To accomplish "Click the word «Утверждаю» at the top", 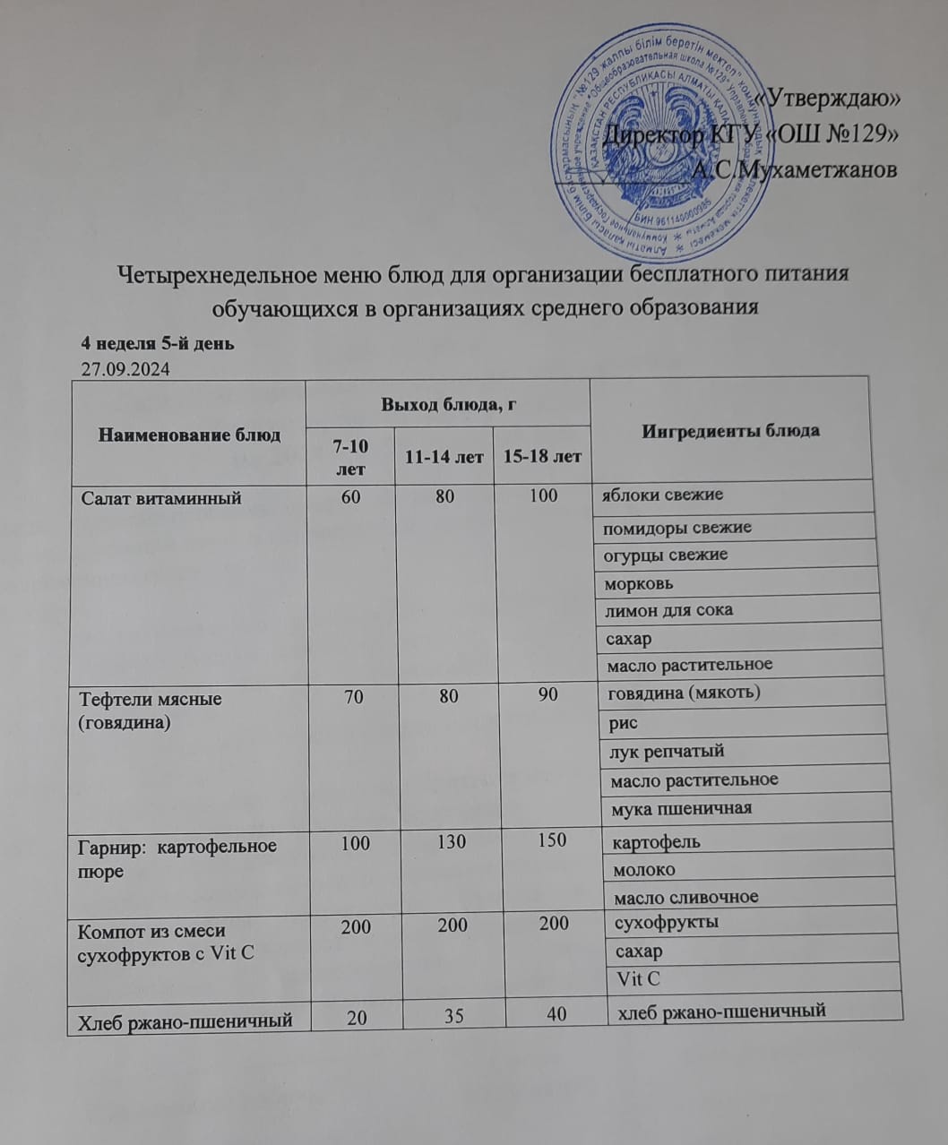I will [830, 100].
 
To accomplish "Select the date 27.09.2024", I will [125, 368].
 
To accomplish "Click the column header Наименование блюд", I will [189, 435].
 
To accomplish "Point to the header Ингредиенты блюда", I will [730, 430].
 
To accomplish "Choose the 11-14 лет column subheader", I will [444, 457].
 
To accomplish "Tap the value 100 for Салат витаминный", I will [543, 495].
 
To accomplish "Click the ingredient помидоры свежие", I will [677, 527].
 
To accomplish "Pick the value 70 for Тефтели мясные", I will [353, 694].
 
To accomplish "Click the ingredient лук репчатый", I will [667, 751].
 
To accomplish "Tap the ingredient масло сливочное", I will [684, 897].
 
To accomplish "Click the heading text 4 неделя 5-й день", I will [158, 343].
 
